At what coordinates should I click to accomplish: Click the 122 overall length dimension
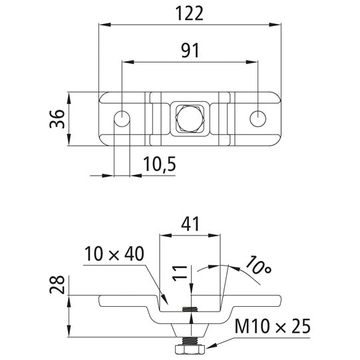coord(188,13)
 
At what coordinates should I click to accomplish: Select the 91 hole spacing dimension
coord(190,51)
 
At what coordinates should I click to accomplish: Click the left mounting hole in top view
coord(122,118)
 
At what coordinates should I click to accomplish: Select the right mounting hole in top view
coord(258,118)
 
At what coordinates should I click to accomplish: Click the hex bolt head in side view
coord(190,349)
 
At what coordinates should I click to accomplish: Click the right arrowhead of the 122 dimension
coord(275,25)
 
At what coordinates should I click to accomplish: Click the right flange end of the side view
coord(277,301)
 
